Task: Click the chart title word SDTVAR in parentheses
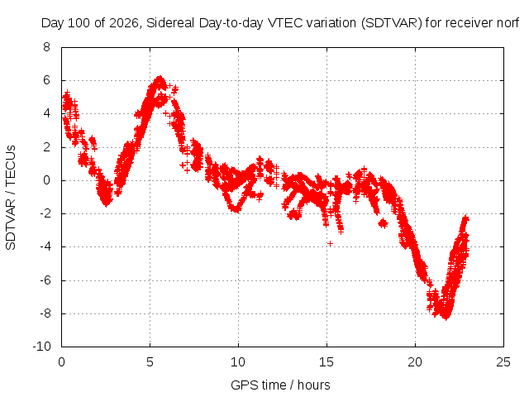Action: pyautogui.click(x=392, y=23)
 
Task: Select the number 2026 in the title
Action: pyautogui.click(x=124, y=23)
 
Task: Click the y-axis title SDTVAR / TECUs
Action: pyautogui.click(x=11, y=198)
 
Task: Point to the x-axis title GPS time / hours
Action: pyautogui.click(x=280, y=385)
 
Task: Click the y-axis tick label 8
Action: pyautogui.click(x=46, y=47)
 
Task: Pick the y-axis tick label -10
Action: pyautogui.click(x=42, y=347)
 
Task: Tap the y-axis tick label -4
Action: pyautogui.click(x=45, y=246)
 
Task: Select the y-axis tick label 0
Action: pyautogui.click(x=46, y=180)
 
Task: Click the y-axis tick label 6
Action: pyautogui.click(x=46, y=80)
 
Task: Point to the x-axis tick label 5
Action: pyautogui.click(x=150, y=362)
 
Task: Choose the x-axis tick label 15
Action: pyautogui.click(x=326, y=362)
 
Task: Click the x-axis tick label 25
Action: pyautogui.click(x=503, y=362)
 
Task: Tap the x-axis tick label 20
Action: pyautogui.click(x=415, y=362)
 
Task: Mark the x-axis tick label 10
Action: pyautogui.click(x=238, y=362)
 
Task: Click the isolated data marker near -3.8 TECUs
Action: pyautogui.click(x=330, y=243)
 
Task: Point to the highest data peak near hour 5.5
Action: pyautogui.click(x=160, y=79)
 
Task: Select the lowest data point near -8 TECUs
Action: pyautogui.click(x=446, y=318)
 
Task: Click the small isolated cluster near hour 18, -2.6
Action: pyautogui.click(x=383, y=223)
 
